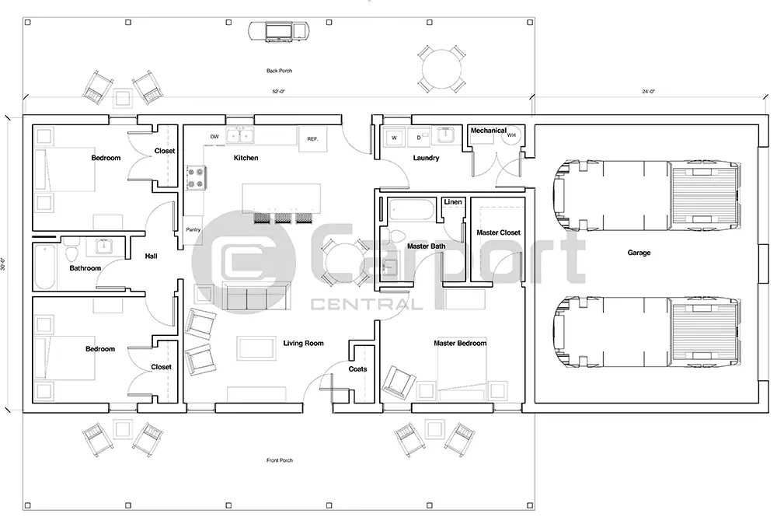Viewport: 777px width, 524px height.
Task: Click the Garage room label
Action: tap(639, 253)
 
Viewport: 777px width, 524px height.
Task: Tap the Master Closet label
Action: tap(498, 232)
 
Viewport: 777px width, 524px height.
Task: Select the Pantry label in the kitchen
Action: tap(193, 229)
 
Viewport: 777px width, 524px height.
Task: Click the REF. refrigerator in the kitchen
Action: tap(313, 138)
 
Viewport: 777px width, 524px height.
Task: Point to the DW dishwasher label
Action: tap(214, 137)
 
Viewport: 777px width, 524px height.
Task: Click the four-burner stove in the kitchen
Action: tap(195, 178)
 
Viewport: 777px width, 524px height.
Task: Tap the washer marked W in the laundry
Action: tap(394, 138)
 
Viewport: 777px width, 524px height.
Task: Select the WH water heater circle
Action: tap(511, 135)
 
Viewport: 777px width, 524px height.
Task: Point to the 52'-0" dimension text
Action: tap(278, 92)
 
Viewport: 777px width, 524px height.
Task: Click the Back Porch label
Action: tap(279, 71)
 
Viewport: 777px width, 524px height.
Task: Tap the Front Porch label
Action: tap(279, 460)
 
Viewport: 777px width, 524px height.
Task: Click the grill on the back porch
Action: tap(279, 31)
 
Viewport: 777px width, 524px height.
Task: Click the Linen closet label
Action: tap(453, 202)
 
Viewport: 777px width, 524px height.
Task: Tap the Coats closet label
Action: tap(357, 369)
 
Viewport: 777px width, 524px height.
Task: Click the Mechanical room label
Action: tap(488, 131)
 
